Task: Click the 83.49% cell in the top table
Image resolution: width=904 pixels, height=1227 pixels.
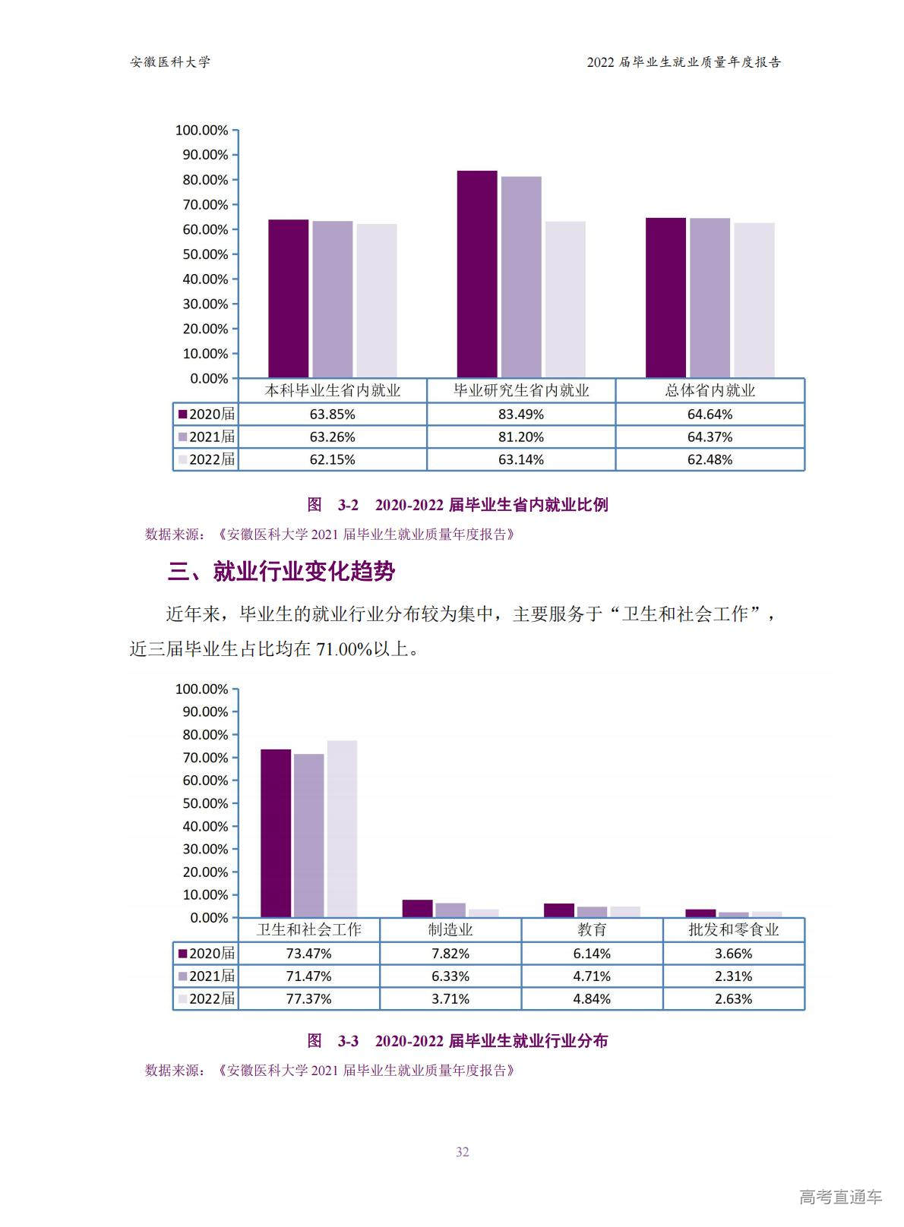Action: pyautogui.click(x=521, y=415)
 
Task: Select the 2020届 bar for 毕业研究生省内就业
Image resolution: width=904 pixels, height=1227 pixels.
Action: pyautogui.click(x=477, y=274)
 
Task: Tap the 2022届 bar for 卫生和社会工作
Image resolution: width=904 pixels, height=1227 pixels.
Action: pyautogui.click(x=342, y=828)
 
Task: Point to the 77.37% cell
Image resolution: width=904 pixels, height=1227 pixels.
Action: pyautogui.click(x=308, y=999)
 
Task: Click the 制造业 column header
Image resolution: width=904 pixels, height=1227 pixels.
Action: pyautogui.click(x=450, y=930)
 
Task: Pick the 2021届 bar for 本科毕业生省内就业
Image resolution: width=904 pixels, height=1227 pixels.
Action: pyautogui.click(x=333, y=299)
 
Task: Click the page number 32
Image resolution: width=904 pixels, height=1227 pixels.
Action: pyautogui.click(x=463, y=1152)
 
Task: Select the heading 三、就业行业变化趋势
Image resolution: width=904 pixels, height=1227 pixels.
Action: pyautogui.click(x=281, y=572)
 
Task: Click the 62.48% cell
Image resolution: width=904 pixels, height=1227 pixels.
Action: pyautogui.click(x=710, y=460)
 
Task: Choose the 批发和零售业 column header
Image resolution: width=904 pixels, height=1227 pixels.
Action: pyautogui.click(x=733, y=930)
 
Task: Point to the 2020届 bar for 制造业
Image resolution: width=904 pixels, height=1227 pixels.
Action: pyautogui.click(x=417, y=909)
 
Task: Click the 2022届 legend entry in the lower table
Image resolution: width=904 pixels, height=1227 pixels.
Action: pyautogui.click(x=206, y=999)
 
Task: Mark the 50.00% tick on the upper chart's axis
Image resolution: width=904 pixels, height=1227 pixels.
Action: pyautogui.click(x=205, y=254)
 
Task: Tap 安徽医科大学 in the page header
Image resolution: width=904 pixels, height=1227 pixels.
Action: pyautogui.click(x=170, y=62)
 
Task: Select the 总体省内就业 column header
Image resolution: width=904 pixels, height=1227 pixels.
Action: pyautogui.click(x=710, y=391)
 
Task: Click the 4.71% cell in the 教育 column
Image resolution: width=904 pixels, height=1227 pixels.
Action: pyautogui.click(x=592, y=976)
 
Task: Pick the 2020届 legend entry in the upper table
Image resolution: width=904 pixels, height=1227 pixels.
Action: pyautogui.click(x=206, y=415)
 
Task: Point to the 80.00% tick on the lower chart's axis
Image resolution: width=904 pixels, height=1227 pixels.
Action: pyautogui.click(x=205, y=735)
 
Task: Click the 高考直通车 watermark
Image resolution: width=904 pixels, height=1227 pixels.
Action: pyautogui.click(x=840, y=1197)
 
